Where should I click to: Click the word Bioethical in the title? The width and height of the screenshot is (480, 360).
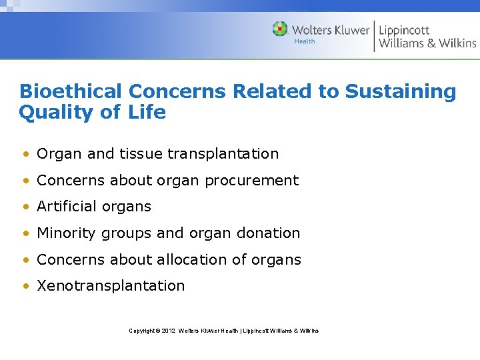tap(71, 92)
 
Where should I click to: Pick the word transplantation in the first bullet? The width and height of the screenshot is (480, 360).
tap(223, 154)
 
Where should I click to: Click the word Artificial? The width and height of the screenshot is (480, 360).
tap(65, 207)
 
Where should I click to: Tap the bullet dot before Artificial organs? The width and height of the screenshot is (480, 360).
tap(25, 207)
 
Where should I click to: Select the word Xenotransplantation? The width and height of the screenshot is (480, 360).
tap(111, 286)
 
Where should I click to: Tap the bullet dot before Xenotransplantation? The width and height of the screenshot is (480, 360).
tap(25, 287)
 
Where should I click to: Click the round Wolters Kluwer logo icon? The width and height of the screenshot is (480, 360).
tap(280, 29)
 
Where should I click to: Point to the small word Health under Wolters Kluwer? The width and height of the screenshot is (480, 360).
tap(305, 41)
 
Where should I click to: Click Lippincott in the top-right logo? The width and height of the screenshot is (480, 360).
tap(404, 30)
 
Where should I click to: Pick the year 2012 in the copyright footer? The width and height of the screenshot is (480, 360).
tap(167, 331)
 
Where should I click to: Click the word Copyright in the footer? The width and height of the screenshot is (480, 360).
tap(143, 331)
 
